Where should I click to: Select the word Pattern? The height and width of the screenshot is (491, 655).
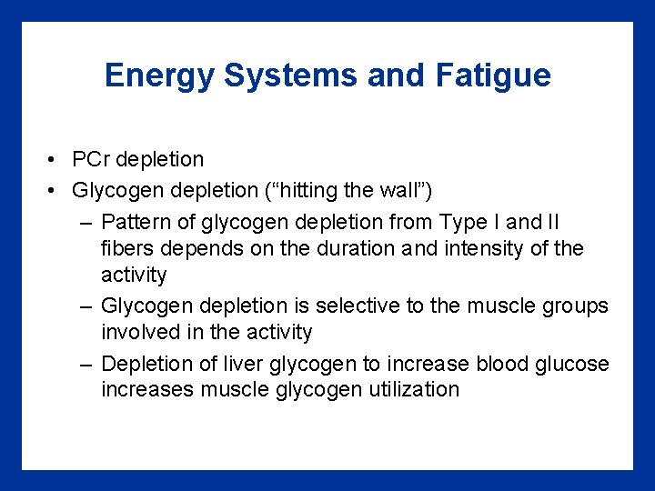pos(133,222)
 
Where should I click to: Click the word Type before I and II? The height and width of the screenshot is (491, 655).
pos(463,222)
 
